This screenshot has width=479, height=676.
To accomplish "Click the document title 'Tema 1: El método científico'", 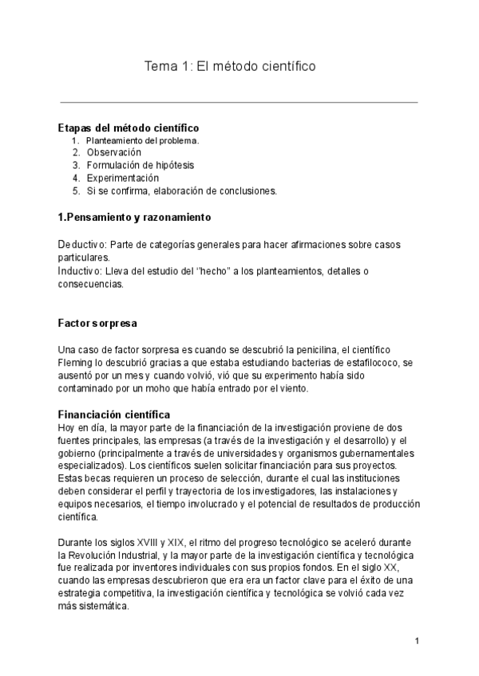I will [229, 67].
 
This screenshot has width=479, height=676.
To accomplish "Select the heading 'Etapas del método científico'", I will [129, 128].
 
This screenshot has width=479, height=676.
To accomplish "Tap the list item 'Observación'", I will [114, 152].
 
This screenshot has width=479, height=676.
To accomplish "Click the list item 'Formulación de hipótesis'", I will [140, 165].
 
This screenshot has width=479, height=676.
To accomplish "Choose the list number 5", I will [76, 191].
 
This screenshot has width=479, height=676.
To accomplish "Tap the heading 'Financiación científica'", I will [114, 415].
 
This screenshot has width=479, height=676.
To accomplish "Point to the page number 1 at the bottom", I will [418, 641].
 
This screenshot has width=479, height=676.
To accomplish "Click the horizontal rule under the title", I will [239, 102].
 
